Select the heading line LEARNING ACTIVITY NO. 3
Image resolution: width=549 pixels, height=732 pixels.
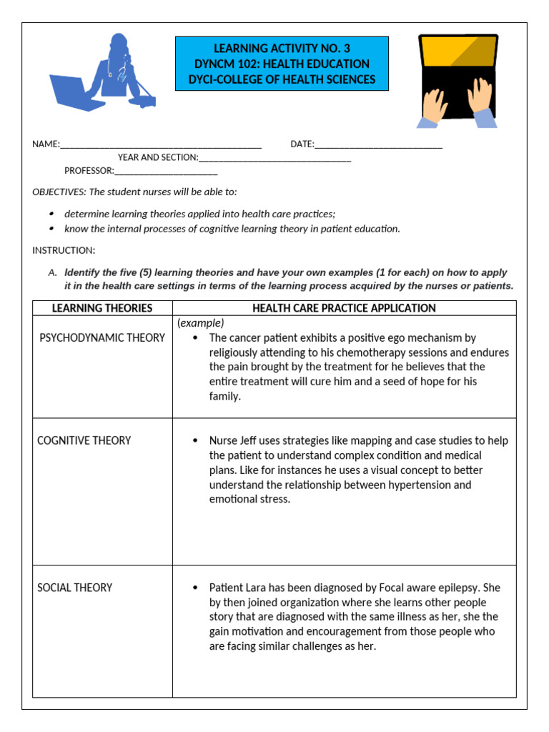coord(282,49)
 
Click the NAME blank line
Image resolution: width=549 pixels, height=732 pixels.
coord(161,144)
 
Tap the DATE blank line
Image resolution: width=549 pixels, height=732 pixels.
coord(378,144)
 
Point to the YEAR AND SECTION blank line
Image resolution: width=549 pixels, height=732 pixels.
coord(275,157)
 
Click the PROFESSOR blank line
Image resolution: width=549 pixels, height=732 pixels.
coord(166,171)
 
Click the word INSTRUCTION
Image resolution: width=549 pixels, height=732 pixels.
coord(63,250)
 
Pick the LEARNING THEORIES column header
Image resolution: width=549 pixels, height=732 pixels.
coord(102,308)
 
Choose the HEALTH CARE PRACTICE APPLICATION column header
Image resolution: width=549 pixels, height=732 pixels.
coord(344,308)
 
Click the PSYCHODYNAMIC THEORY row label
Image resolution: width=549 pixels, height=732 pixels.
coord(102,337)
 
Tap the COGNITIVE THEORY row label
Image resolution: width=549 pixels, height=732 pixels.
coord(84,440)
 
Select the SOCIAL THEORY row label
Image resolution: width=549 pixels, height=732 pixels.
coord(75,588)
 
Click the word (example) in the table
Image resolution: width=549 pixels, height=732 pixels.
coord(201,323)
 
